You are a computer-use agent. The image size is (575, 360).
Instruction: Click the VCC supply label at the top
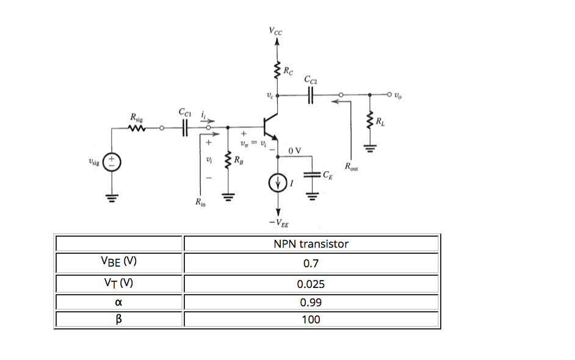277,31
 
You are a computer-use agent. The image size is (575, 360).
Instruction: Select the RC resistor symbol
278,71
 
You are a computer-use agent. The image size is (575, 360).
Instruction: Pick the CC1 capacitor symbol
184,128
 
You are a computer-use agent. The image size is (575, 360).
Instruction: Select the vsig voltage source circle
112,163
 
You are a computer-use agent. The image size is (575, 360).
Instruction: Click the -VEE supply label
278,223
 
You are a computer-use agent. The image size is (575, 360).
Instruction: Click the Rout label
352,166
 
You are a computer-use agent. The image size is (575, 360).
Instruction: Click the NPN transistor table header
311,244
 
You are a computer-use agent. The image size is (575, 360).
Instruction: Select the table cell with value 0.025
311,284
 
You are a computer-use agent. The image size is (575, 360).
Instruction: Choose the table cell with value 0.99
311,302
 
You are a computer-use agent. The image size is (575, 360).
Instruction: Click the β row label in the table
119,319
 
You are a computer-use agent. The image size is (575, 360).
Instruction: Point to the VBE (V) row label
119,262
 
